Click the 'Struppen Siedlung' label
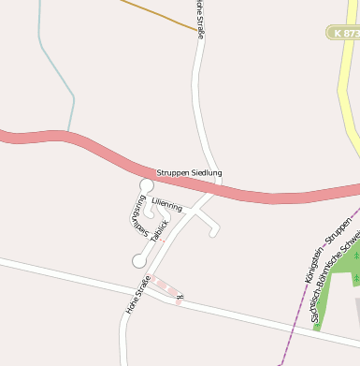point(189,173)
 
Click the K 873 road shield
point(344,33)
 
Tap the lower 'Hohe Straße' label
point(137,294)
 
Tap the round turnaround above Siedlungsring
point(146,185)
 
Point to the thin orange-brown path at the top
point(159,14)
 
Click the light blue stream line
point(56,70)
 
